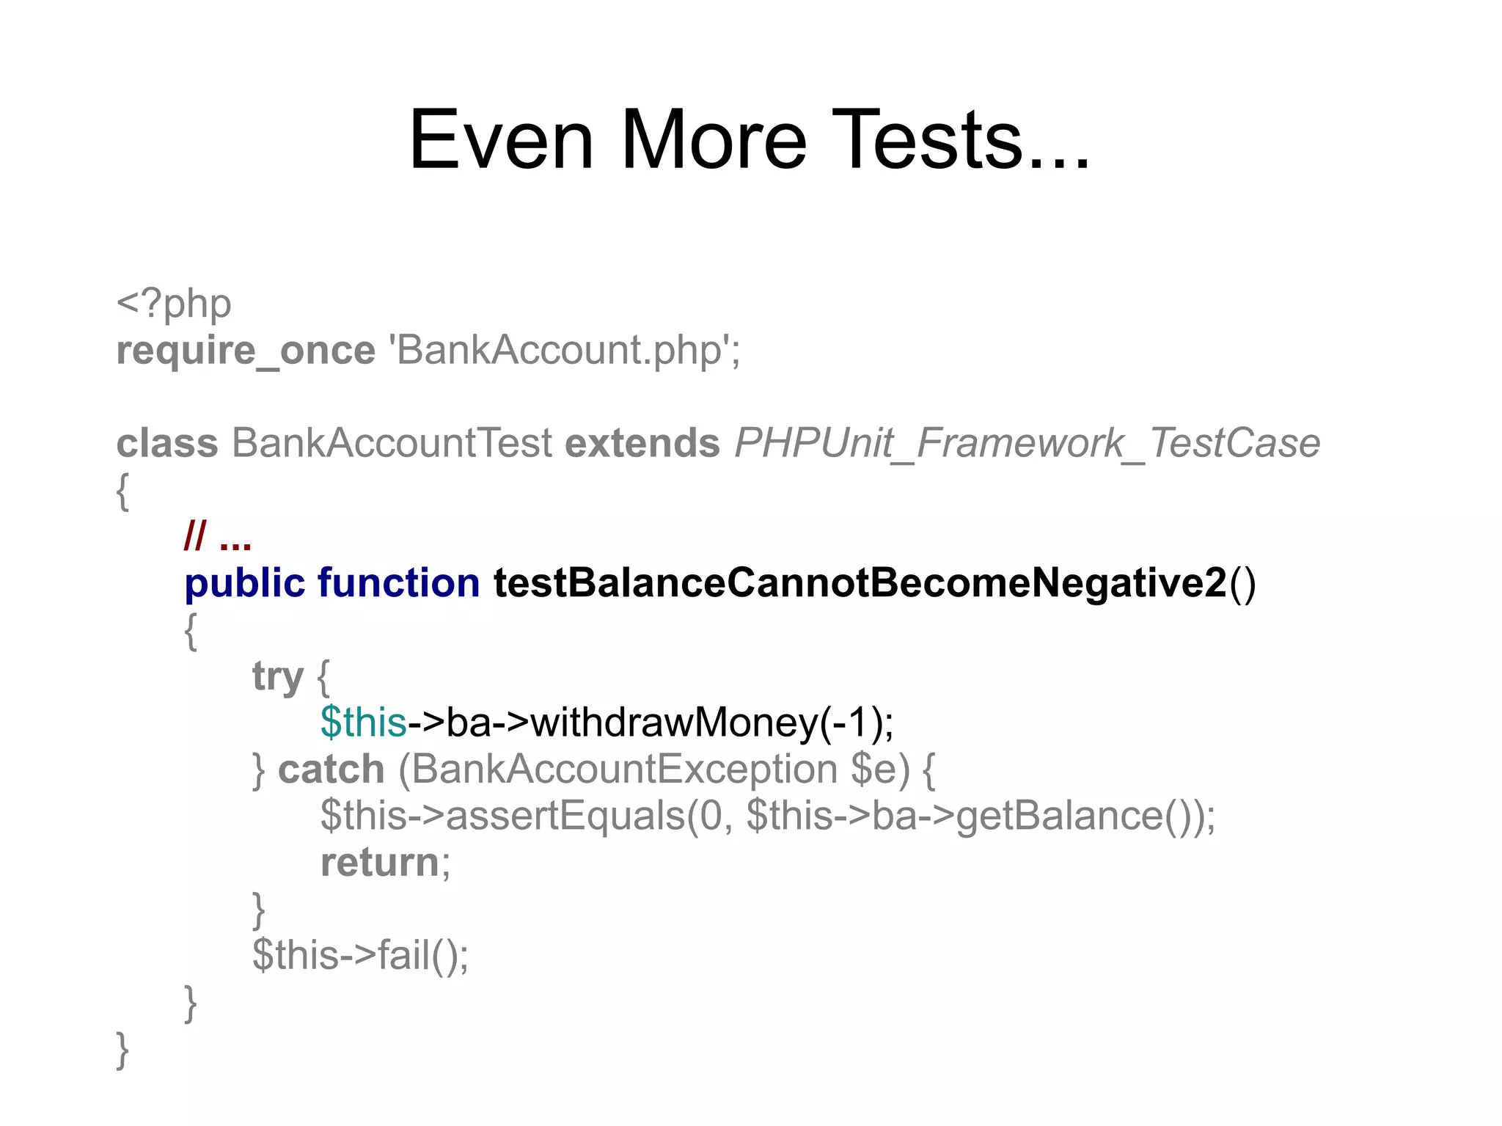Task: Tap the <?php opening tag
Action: coord(174,304)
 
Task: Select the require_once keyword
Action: coord(246,351)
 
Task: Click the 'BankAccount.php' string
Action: coord(568,350)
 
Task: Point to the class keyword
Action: coord(167,443)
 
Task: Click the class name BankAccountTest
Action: coord(392,443)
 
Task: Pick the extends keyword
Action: coord(642,443)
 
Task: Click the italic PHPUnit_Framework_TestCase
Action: coord(1027,443)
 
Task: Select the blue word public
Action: coord(244,584)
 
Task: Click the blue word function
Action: coord(398,583)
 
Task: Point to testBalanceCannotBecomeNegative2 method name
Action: coord(860,583)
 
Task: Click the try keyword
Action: coord(277,676)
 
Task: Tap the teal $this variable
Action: coord(363,723)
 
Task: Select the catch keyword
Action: coord(331,769)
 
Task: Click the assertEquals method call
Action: coord(565,816)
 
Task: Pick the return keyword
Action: coord(379,862)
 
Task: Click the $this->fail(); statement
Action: coord(360,955)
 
